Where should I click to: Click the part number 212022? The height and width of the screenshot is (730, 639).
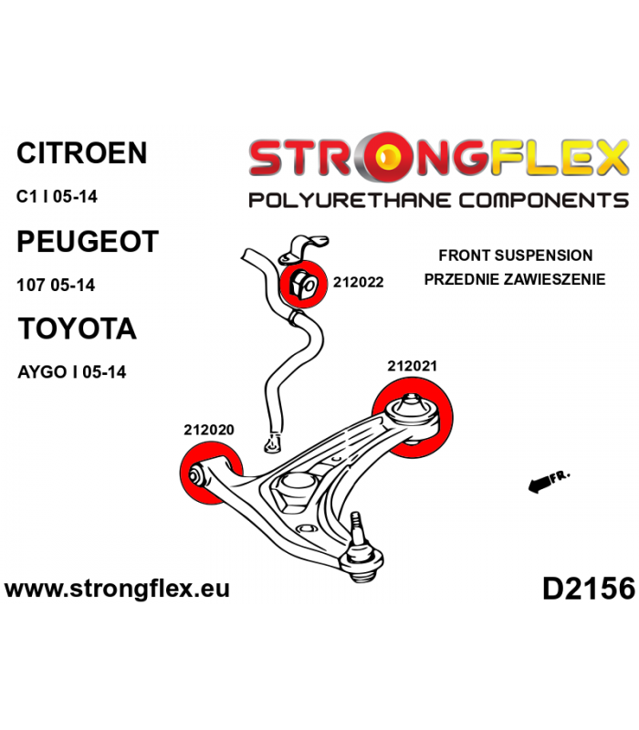pos(358,282)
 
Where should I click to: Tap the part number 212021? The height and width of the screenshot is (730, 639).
pos(413,367)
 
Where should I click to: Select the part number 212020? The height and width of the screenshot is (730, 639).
pos(209,430)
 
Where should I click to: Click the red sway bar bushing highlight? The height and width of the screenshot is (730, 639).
pos(303,284)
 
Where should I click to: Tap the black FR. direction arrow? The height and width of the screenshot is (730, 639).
pos(539,485)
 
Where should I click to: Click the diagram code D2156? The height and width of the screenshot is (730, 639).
pos(589,589)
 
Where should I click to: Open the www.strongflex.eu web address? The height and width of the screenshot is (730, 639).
pos(117,589)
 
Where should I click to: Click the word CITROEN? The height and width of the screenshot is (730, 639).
pos(82,152)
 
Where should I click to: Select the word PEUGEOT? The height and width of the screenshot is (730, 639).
pos(88,241)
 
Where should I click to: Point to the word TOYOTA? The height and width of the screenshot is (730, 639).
pos(78,328)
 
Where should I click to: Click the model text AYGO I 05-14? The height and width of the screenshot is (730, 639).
pos(72,372)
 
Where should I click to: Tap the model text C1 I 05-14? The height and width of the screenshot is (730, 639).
pos(57,196)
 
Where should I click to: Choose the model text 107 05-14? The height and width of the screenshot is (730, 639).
pos(56,285)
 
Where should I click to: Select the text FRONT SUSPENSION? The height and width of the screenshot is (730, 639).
pos(516,255)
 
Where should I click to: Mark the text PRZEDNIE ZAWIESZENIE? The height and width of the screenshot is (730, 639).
pos(515,279)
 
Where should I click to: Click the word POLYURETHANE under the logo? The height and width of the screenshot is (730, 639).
pos(350,200)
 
